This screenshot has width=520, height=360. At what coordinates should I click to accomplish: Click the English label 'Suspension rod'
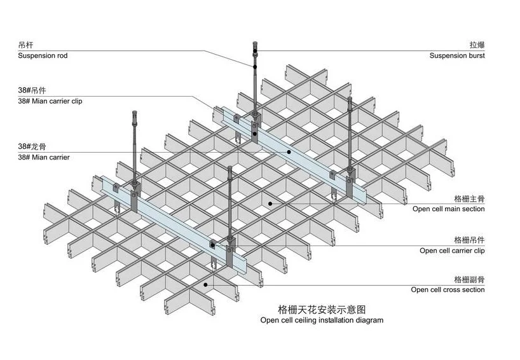tap(43, 56)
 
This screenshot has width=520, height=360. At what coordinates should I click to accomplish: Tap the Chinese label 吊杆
tap(26, 45)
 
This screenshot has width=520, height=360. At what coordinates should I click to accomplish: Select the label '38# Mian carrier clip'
tap(50, 100)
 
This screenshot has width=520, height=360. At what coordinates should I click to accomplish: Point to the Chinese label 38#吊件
tap(32, 90)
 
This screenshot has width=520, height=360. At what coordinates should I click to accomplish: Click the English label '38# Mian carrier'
tap(44, 156)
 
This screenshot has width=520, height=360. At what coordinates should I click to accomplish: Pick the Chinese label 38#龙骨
tap(32, 146)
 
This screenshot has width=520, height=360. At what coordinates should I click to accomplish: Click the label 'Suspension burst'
tap(456, 56)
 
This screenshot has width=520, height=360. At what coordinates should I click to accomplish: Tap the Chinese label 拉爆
tap(477, 45)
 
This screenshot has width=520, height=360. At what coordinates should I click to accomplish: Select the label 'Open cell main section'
tap(448, 209)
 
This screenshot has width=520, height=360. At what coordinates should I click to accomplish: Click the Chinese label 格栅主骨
tap(469, 198)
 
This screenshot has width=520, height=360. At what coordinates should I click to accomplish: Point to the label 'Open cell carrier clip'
tap(452, 251)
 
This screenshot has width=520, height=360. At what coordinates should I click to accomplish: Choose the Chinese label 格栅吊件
tap(469, 240)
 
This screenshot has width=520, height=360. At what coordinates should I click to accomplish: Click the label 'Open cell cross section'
tap(448, 290)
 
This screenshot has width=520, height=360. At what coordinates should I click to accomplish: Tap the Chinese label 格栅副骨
tap(469, 279)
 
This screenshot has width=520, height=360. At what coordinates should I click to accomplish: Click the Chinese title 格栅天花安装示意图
tap(322, 310)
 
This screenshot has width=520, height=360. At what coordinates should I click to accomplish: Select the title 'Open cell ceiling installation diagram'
tap(322, 321)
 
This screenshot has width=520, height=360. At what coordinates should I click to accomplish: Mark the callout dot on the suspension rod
tap(254, 67)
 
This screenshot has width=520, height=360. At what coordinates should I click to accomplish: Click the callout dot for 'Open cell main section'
tap(270, 204)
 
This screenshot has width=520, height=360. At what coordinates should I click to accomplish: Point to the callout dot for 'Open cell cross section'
tap(205, 286)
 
